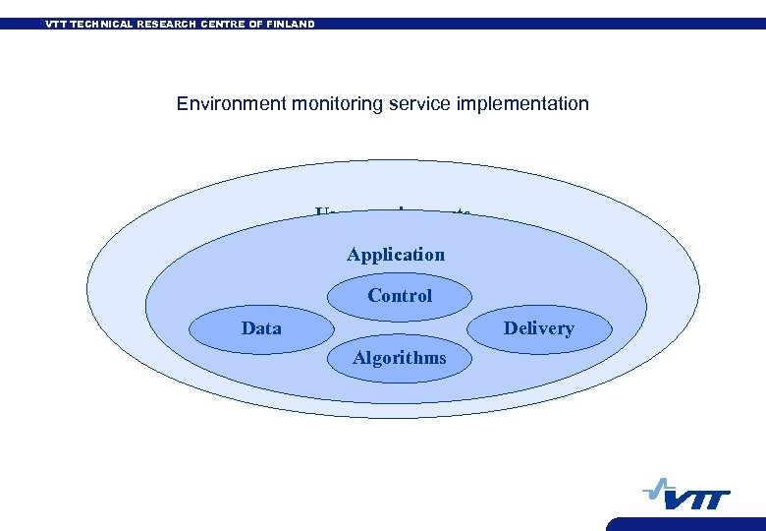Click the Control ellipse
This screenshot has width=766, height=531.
(400, 295)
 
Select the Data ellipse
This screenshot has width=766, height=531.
(261, 328)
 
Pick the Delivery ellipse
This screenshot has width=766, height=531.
(538, 328)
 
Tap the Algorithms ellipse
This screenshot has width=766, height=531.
(400, 358)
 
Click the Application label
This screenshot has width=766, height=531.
(396, 255)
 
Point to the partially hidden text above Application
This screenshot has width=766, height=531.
(393, 212)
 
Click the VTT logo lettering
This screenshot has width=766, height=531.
(698, 500)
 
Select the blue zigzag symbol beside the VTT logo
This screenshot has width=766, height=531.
(657, 489)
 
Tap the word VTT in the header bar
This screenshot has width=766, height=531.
(58, 24)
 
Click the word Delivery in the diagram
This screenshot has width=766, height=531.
(538, 328)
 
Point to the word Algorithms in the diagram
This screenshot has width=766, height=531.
(400, 358)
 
